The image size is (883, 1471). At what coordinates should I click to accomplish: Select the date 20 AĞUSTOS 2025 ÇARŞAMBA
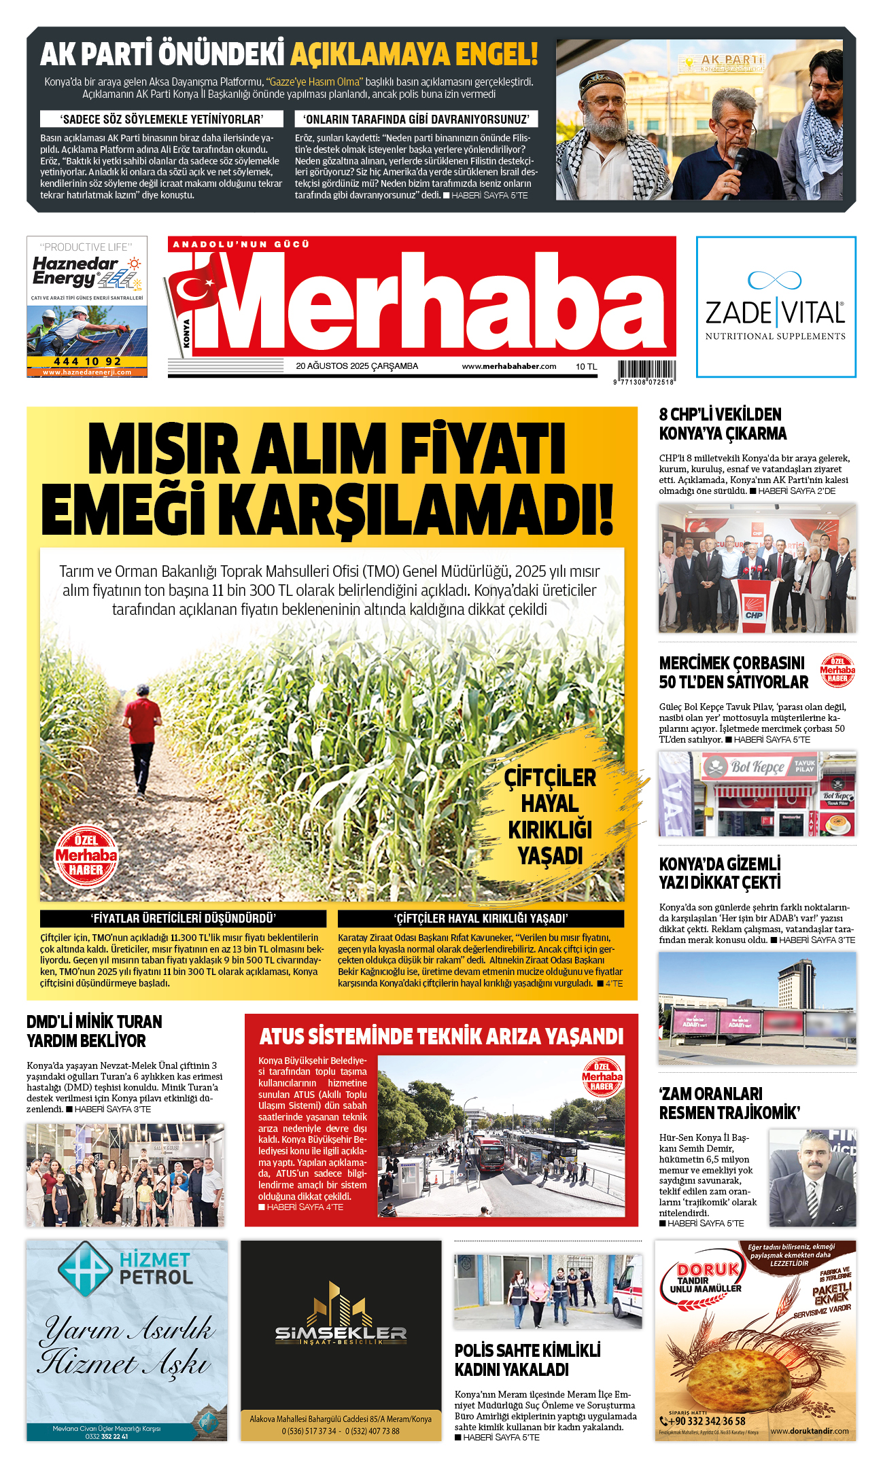357,366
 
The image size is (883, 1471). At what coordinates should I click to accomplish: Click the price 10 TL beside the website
586,367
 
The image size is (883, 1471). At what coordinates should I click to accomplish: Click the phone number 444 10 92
87,361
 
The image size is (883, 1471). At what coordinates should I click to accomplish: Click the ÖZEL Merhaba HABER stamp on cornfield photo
86,856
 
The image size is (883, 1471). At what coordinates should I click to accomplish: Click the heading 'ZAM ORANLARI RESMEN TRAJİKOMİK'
729,1103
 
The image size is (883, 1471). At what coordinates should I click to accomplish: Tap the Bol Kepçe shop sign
757,767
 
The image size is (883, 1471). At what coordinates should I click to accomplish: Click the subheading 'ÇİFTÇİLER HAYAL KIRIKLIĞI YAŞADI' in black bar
481,919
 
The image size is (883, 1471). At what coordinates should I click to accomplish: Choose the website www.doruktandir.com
809,1431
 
